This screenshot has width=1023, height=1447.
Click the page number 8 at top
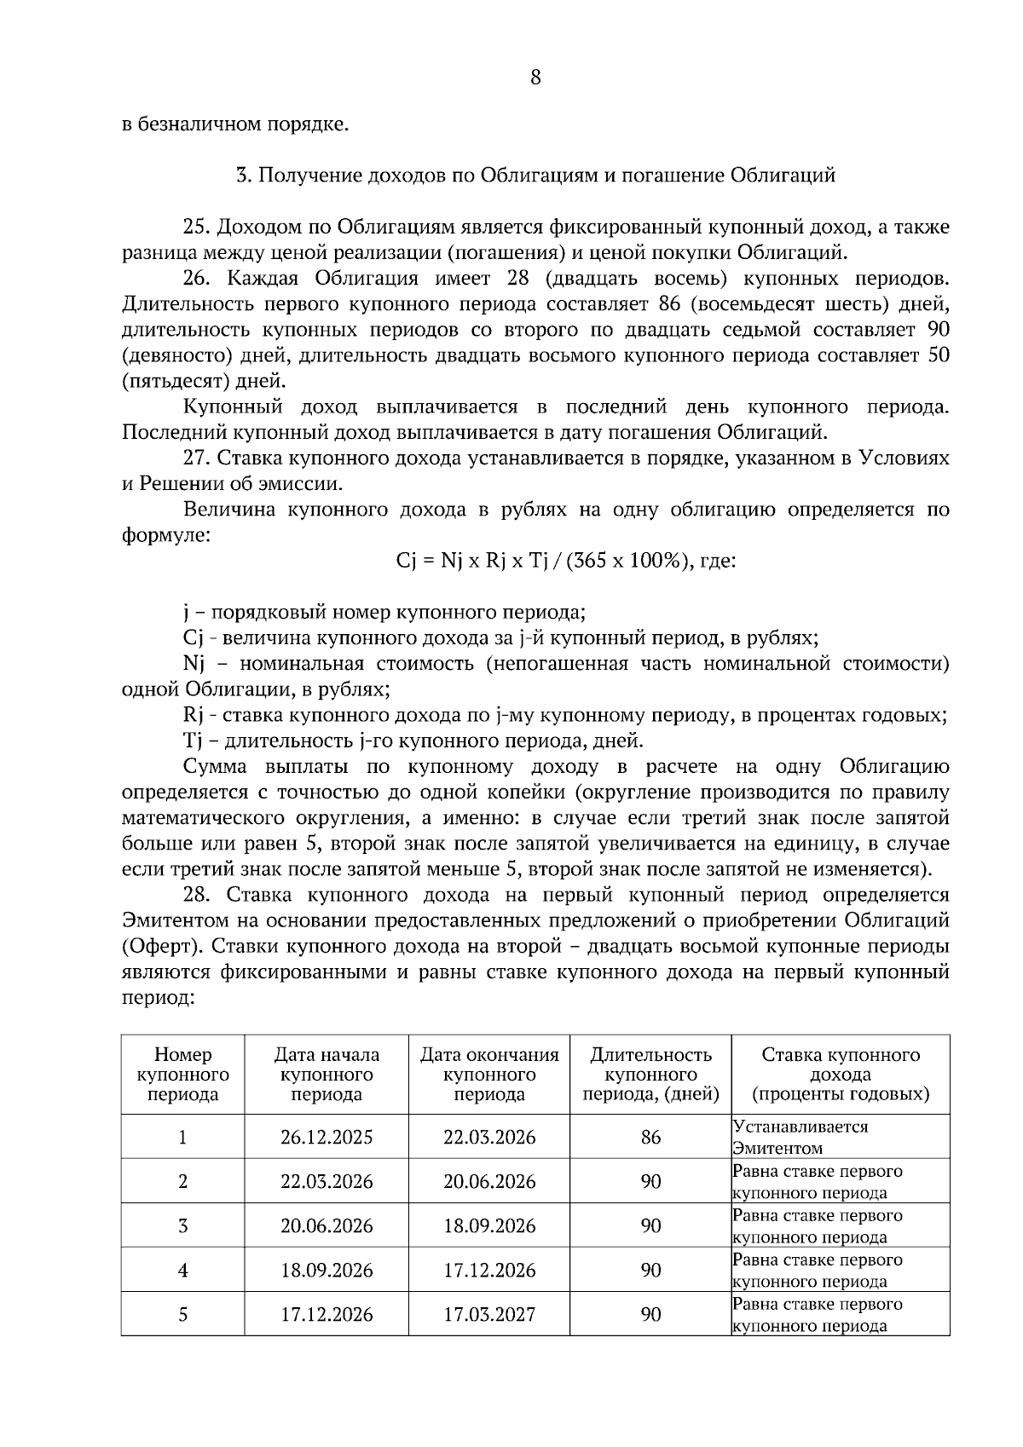click(x=535, y=78)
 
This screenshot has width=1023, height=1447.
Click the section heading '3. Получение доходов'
click(x=535, y=176)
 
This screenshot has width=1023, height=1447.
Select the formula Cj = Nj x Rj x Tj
click(x=565, y=561)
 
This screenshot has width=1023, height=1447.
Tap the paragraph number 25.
click(x=196, y=228)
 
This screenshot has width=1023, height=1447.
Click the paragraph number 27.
click(x=196, y=458)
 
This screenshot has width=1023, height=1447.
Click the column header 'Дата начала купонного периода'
click(x=327, y=1075)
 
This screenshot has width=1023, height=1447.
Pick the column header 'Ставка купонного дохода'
click(x=840, y=1075)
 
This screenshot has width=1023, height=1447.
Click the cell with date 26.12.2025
click(x=327, y=1138)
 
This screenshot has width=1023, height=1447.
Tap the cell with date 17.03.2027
click(x=489, y=1315)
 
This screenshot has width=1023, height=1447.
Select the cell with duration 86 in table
click(x=650, y=1138)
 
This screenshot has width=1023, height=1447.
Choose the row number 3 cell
click(x=182, y=1226)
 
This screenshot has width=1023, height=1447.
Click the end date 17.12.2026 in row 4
click(x=489, y=1271)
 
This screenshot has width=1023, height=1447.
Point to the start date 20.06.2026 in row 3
click(x=327, y=1226)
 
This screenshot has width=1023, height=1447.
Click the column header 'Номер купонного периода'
click(x=182, y=1075)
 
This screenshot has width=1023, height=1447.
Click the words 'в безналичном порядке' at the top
click(x=235, y=124)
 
